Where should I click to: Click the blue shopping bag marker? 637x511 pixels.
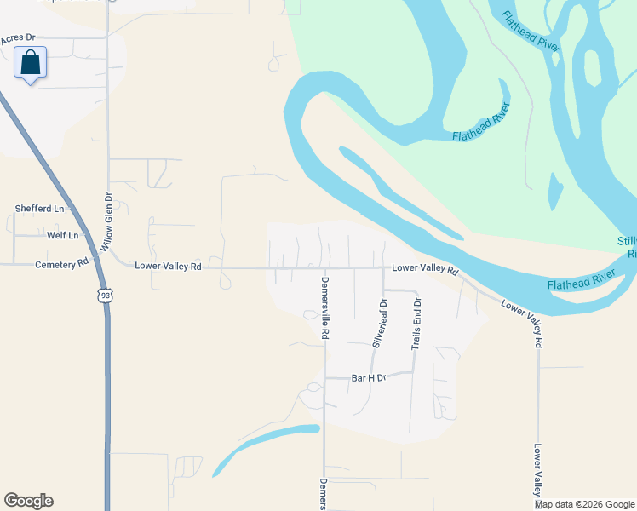point(31,63)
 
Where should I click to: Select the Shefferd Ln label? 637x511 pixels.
point(40,209)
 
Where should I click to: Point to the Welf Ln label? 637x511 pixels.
point(62,235)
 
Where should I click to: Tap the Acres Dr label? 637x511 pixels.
point(18,38)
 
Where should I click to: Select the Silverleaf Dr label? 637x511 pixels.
point(381,322)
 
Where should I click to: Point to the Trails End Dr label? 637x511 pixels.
point(416,324)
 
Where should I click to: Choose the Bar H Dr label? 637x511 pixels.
point(369,377)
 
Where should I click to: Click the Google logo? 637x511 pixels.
point(28,501)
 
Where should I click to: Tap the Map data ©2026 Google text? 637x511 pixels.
point(585,504)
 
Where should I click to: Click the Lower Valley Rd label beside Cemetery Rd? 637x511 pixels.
point(168,267)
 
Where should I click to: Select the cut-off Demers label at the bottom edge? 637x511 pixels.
point(324,494)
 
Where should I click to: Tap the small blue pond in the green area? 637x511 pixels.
point(555,192)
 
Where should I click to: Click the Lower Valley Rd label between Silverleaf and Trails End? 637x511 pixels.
point(425,270)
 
